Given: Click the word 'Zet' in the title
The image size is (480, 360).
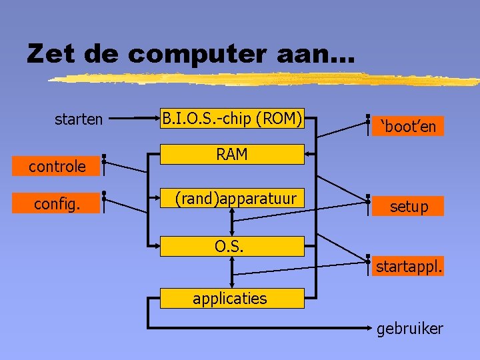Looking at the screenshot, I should point(51,53).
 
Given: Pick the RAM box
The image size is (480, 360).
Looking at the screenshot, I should point(232,155).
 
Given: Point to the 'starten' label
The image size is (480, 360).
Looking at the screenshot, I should point(79,119).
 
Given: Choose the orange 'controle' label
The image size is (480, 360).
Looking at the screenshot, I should point(57,166).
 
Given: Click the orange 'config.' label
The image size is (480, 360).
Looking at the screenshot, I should point(57,204).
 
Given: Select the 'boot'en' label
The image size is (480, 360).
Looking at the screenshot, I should point(409,126).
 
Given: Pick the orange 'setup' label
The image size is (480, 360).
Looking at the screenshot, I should point(409,207).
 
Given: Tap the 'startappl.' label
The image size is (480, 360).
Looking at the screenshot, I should point(409,267).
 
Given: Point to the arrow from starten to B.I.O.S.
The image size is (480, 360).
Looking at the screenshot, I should point(133,119).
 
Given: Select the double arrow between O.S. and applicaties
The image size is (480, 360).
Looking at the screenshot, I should point(232,272).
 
